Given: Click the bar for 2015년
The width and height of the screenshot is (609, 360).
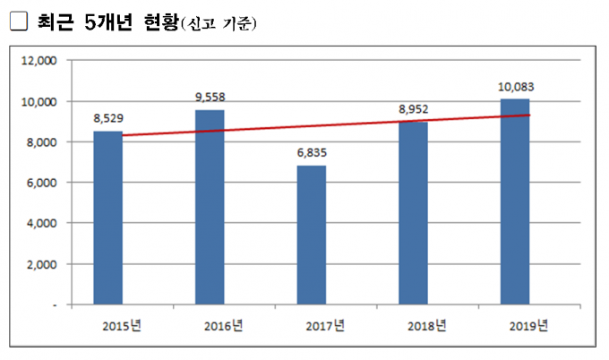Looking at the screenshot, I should tap(107, 218).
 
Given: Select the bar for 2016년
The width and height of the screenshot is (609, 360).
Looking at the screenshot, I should tap(210, 207).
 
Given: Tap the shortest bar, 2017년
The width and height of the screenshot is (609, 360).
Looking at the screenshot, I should tap(312, 235).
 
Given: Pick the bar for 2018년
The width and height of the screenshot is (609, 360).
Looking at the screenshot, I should tap(414, 213).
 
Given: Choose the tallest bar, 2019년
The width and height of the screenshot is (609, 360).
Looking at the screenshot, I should tap(516, 201).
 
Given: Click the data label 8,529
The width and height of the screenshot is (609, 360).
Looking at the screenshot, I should tap(107, 118).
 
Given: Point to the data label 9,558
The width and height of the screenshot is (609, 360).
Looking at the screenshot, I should tap(210, 97).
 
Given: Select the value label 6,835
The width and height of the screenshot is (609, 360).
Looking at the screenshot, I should tap(312, 152).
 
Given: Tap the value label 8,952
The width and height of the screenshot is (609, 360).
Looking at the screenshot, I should tap(414, 109).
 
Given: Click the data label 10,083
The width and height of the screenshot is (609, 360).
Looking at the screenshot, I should tap(516, 86).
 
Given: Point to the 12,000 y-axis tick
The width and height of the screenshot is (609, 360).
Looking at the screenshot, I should tap(39, 61).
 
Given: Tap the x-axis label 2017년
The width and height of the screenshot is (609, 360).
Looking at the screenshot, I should tap(322, 324).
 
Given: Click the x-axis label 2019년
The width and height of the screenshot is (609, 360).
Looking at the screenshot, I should tap(527, 324).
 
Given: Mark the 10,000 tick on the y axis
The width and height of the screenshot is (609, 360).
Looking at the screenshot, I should tap(39, 102).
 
